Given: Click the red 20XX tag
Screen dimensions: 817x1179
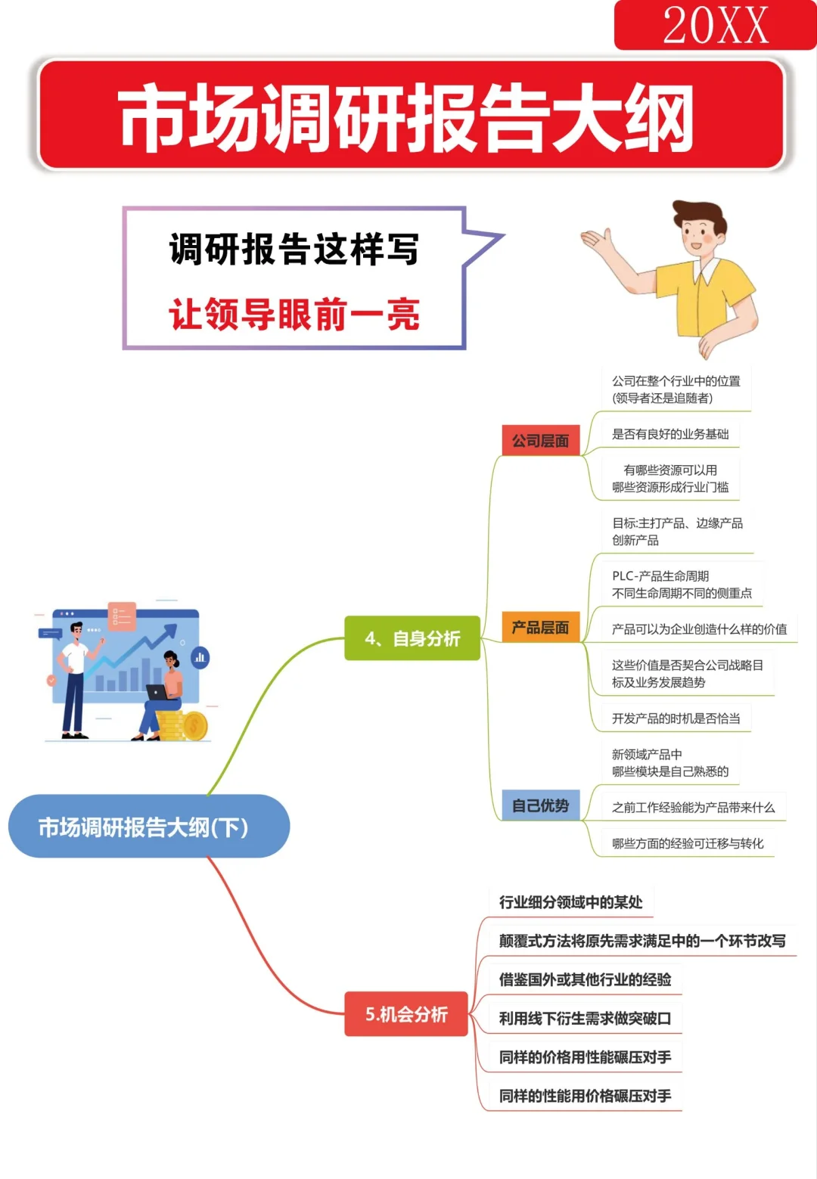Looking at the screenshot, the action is (714, 25).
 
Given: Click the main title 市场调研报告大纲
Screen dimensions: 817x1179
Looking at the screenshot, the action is (407, 116).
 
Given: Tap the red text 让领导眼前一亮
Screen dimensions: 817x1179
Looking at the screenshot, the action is (294, 314).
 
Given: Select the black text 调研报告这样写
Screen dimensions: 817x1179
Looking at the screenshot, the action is (294, 249).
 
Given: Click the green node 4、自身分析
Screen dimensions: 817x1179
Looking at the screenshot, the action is (412, 638).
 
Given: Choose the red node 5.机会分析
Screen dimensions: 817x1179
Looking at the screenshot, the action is (406, 1013).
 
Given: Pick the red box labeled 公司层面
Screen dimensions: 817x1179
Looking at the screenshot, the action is (540, 440).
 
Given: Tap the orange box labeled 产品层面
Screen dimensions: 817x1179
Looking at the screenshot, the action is (540, 627).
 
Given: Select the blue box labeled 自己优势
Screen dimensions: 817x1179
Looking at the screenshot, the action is (540, 805).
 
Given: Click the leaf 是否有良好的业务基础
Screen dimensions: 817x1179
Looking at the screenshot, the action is (669, 434).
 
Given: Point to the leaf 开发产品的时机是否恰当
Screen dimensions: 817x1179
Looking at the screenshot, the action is (676, 718).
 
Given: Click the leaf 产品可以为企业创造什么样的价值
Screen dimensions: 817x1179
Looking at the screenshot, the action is (699, 629).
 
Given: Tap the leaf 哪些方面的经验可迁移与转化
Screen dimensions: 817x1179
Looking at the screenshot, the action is (687, 843).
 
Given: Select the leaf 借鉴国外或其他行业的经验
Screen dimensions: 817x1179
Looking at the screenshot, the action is (585, 979).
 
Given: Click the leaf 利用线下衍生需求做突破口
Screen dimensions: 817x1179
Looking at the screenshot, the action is (585, 1019).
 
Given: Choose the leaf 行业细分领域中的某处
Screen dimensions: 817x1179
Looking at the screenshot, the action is (570, 901).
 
